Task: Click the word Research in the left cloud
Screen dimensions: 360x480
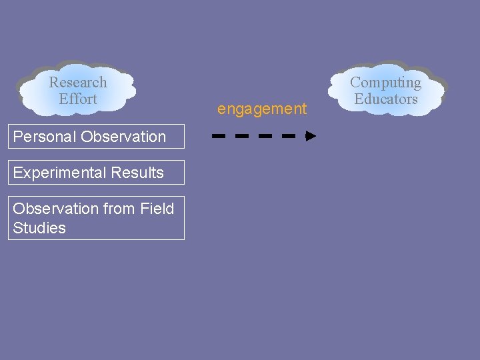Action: (x=78, y=83)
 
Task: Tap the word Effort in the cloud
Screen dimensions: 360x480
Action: (x=78, y=99)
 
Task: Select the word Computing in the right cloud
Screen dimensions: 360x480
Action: (x=385, y=83)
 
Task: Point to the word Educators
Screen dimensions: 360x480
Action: (x=385, y=99)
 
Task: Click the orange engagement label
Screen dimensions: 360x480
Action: (x=262, y=109)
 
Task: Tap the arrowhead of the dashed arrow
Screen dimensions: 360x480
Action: (x=311, y=136)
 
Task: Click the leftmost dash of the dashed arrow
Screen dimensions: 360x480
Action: (x=219, y=136)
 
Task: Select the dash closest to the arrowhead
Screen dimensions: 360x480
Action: (x=289, y=136)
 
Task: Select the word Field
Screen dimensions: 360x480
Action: (x=157, y=209)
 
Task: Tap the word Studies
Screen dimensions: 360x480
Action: (x=39, y=228)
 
